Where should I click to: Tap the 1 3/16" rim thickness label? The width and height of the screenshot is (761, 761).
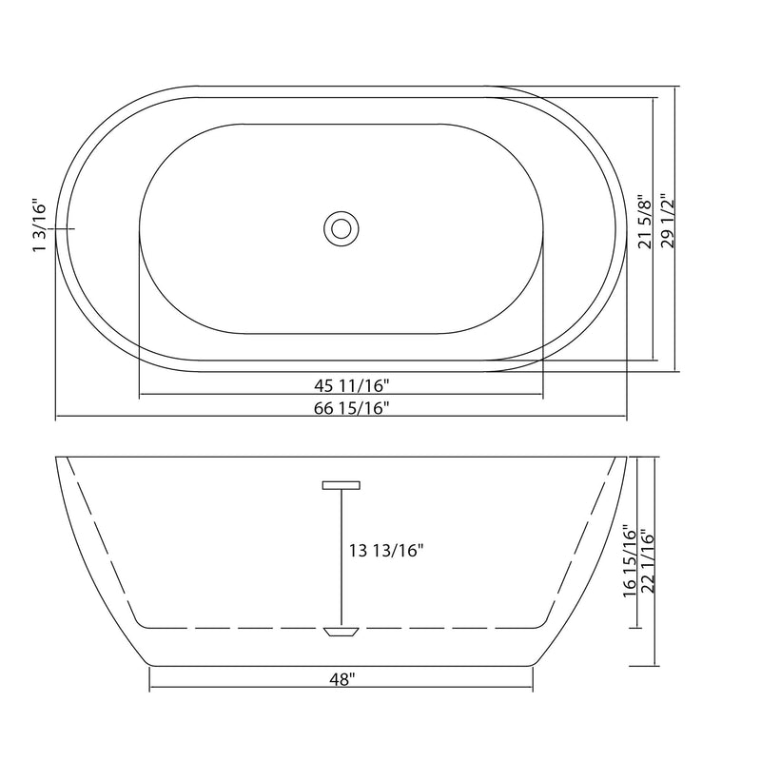(40, 225)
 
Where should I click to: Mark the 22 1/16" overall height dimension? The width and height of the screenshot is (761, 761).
(649, 560)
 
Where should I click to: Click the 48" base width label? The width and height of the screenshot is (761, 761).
(341, 679)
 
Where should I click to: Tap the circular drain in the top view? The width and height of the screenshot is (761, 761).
(340, 228)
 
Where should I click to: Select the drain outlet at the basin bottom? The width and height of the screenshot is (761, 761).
(341, 631)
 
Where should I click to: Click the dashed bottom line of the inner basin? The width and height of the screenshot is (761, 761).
(238, 628)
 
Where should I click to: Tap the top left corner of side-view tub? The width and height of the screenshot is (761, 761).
(56, 458)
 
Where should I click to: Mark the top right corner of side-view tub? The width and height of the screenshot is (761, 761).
(629, 458)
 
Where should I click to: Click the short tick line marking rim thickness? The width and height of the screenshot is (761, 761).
(62, 229)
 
